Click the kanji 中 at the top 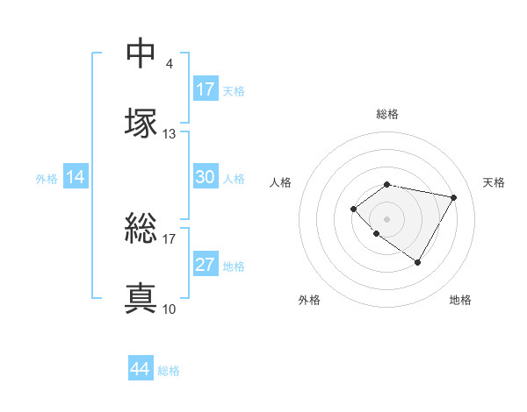(x=141, y=53)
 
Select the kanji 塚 (x=141, y=122)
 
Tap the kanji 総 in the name (x=141, y=231)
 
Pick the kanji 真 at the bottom (x=141, y=298)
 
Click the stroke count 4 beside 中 (x=170, y=63)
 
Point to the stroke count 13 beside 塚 (x=170, y=134)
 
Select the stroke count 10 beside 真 (x=170, y=309)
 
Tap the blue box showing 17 (x=206, y=89)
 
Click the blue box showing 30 (x=206, y=177)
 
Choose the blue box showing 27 (x=206, y=265)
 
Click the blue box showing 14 (x=76, y=177)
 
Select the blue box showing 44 (x=141, y=369)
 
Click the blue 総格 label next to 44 (x=169, y=371)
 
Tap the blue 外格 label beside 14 (x=47, y=179)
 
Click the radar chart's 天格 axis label (x=494, y=182)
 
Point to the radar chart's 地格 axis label (x=460, y=300)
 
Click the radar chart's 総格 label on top (x=386, y=114)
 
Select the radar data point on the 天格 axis (x=453, y=197)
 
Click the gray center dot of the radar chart (x=386, y=218)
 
